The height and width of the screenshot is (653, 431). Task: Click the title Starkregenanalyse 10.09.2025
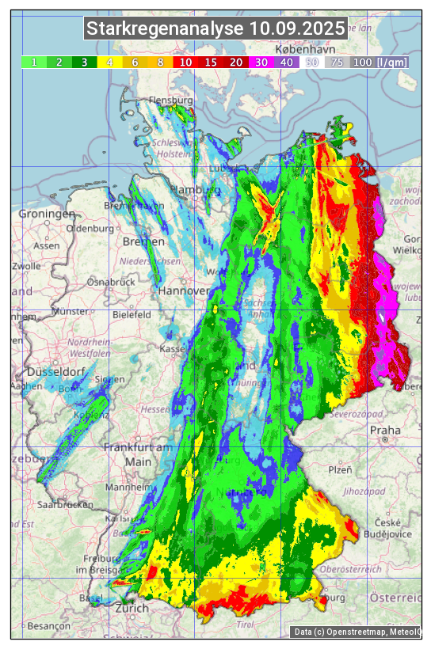pyautogui.click(x=215, y=29)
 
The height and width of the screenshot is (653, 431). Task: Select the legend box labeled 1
pyautogui.click(x=34, y=62)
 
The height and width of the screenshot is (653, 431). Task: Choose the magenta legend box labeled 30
pyautogui.click(x=261, y=62)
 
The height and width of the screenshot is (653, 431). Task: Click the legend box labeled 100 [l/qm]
pyautogui.click(x=380, y=62)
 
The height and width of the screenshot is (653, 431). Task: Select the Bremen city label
pyautogui.click(x=143, y=241)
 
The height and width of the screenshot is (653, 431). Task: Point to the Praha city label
pyautogui.click(x=385, y=431)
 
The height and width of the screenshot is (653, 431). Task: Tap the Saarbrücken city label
pyautogui.click(x=67, y=504)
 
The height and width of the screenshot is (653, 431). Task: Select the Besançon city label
pyautogui.click(x=49, y=625)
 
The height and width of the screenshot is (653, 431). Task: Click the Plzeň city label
pyautogui.click(x=340, y=469)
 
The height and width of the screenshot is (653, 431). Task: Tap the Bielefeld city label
pyautogui.click(x=132, y=314)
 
